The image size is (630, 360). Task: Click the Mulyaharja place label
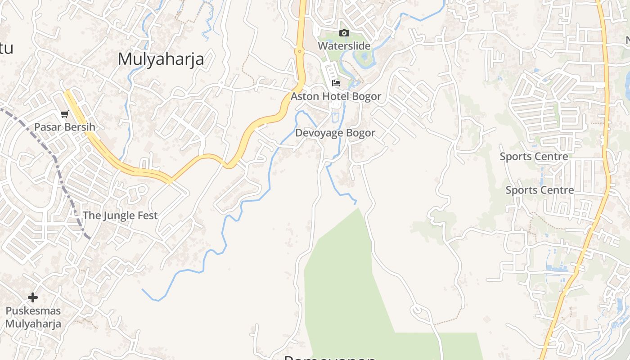point(161,59)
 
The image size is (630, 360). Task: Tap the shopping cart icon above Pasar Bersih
point(64,114)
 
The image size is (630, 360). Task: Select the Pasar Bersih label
point(65,127)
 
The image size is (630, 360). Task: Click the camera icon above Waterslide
point(344,33)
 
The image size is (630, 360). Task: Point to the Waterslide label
point(344,46)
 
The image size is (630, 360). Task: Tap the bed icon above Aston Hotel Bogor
point(336,83)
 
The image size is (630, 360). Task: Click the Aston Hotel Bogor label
point(336,96)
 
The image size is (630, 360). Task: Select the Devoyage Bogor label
point(335,133)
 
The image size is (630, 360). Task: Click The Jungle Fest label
point(120,216)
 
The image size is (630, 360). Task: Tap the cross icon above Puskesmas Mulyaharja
point(33,297)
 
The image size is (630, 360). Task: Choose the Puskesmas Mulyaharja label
point(33,317)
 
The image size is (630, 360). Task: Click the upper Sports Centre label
point(534,157)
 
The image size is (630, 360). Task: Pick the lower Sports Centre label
point(540,190)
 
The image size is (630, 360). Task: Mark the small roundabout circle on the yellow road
point(299,52)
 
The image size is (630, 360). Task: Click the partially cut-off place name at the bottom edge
point(330,357)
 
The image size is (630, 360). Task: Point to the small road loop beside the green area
point(417,310)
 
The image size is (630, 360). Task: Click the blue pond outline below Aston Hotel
point(335,118)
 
